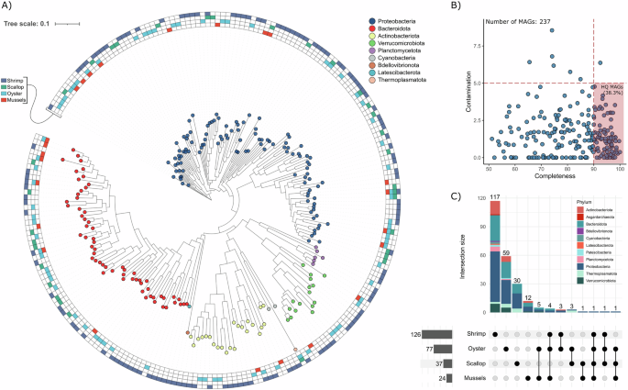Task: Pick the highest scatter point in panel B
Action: pos(552,30)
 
